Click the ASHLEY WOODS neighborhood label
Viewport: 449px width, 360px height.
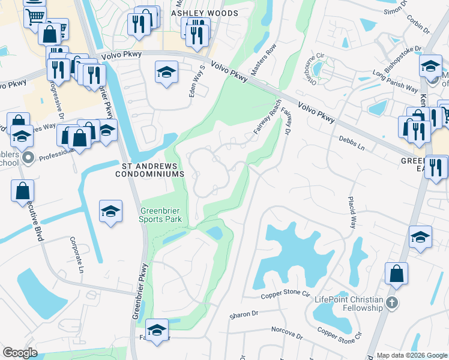pyautogui.click(x=204, y=13)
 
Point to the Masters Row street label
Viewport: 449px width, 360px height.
pyautogui.click(x=264, y=59)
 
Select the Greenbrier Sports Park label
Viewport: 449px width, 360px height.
pyautogui.click(x=160, y=215)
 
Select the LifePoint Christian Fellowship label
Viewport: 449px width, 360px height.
pyautogui.click(x=348, y=304)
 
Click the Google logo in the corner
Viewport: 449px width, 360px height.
pyautogui.click(x=20, y=353)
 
